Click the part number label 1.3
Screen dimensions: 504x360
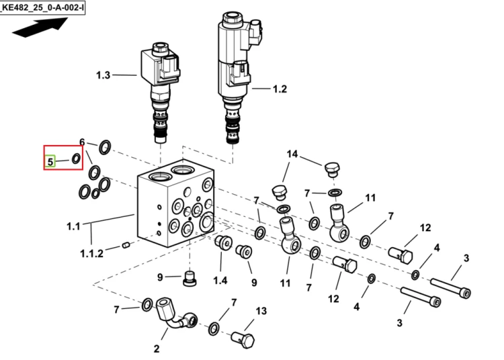103,75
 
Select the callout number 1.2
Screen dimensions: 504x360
280,89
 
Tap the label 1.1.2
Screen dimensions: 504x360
91,254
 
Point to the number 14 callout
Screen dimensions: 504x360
292,154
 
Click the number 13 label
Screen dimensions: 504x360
261,311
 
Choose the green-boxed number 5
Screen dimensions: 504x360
50,161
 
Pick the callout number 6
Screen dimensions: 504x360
82,142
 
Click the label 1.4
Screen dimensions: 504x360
220,280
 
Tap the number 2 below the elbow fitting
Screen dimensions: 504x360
157,349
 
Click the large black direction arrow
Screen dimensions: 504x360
40,28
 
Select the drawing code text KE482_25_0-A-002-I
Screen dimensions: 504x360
42,7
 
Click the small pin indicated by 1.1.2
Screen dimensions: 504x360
126,246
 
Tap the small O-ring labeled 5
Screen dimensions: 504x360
76,159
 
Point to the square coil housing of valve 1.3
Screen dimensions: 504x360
160,66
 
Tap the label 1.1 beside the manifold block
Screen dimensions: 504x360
73,226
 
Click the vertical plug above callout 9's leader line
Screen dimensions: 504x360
190,278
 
